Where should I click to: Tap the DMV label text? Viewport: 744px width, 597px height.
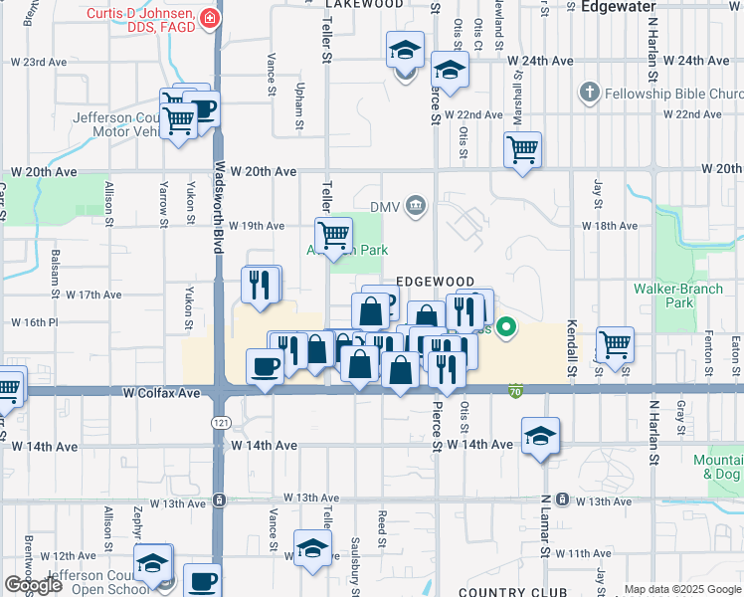coord(384,206)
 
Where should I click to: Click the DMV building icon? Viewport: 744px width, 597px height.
coord(416,206)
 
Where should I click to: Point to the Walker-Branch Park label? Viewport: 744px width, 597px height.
coord(664,296)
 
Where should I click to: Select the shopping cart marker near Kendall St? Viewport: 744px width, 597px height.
coord(616,344)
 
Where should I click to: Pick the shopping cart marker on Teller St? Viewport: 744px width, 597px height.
coord(334,235)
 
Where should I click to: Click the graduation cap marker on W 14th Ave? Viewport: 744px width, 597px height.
coord(540,436)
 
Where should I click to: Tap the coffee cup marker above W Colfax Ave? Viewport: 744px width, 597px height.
coord(265,367)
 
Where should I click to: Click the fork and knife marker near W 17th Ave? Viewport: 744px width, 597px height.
coord(261,285)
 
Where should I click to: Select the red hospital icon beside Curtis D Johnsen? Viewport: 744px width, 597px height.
coord(210,17)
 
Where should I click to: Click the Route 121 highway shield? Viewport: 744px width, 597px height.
coord(219,424)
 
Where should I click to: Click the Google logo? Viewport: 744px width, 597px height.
coord(33,585)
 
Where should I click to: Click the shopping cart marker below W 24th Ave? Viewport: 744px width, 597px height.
coord(522,150)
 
